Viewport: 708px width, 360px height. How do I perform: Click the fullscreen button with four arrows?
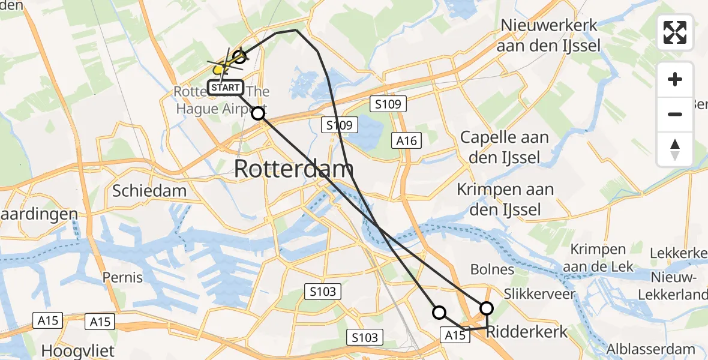pos(675,32)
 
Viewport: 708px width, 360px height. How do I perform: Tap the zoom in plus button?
pos(675,80)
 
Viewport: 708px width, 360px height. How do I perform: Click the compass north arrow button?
pos(675,149)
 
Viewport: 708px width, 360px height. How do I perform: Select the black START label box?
pos(226,88)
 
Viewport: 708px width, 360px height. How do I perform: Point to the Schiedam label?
pos(149,191)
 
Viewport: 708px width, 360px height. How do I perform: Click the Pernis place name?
pos(122,277)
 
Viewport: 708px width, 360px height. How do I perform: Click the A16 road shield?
pos(407,140)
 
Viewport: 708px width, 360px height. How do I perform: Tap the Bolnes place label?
pos(492,269)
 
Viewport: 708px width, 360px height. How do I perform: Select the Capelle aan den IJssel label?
pos(504,148)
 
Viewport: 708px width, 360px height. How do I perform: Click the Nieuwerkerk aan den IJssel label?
pos(550,36)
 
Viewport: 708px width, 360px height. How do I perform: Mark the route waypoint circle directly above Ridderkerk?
pos(486,308)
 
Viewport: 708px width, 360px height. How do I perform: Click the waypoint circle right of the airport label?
pos(257,113)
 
